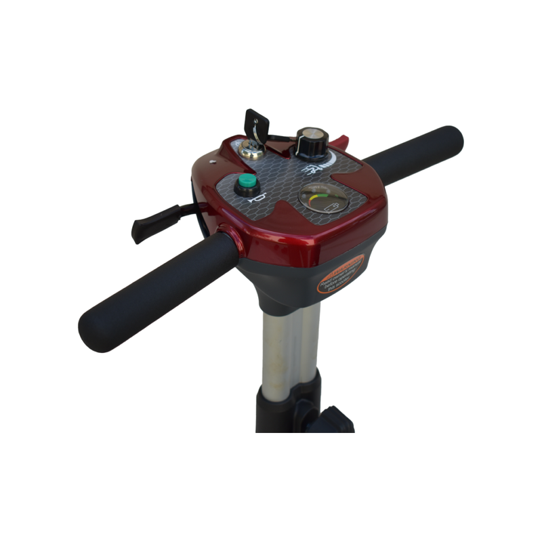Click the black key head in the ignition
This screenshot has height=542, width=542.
[x=257, y=124]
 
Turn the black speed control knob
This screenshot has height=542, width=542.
[x=312, y=141]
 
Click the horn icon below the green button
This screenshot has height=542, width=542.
[x=255, y=199]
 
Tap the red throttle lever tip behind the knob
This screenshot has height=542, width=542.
[x=341, y=142]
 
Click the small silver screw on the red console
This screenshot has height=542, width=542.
[x=213, y=162]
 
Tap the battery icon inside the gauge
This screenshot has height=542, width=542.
[x=331, y=206]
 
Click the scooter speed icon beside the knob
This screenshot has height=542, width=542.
[x=311, y=169]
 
